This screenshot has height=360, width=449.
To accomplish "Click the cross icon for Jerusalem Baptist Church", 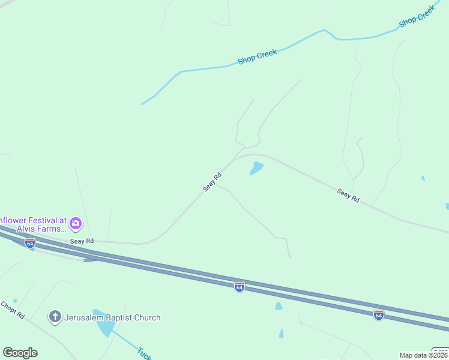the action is tap(55, 317).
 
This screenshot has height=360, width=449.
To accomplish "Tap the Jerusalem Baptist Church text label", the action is tap(112, 317).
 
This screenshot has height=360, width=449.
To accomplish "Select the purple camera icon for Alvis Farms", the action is tap(76, 224).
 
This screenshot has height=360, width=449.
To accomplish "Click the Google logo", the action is tap(20, 353).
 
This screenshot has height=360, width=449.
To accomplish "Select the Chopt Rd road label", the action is tap(12, 310).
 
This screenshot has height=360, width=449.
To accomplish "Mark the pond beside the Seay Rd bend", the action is tap(257, 168).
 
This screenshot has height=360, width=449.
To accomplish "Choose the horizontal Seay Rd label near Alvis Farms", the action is tap(82, 241).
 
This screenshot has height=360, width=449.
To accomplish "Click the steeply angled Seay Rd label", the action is tap(212, 182).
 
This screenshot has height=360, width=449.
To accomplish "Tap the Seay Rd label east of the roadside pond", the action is tap(348, 195).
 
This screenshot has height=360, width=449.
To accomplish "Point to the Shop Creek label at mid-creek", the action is tap(257, 57).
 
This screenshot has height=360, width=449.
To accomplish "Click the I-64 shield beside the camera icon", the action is tap(30, 243).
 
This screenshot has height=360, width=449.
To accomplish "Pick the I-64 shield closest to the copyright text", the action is tap(378, 314).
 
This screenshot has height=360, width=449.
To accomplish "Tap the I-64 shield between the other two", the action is tap(240, 287).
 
